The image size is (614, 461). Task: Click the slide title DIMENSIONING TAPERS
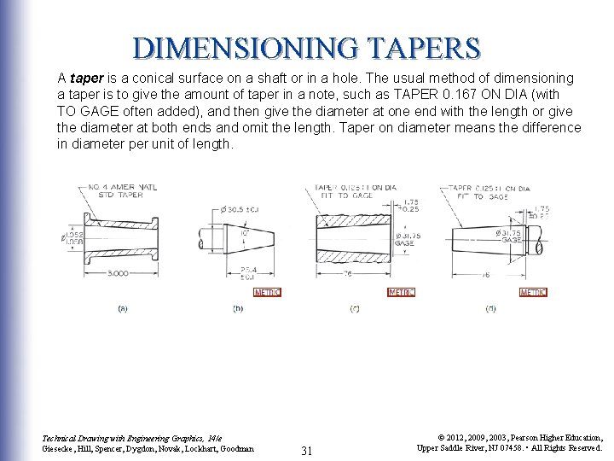(306, 47)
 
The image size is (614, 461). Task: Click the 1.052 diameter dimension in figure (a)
(73, 234)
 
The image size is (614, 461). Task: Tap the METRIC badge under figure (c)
(401, 292)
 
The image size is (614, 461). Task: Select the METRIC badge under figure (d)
(533, 292)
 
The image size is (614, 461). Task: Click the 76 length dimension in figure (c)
(350, 274)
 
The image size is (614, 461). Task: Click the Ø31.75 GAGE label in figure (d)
(510, 236)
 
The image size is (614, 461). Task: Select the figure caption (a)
(123, 308)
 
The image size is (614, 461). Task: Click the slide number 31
(309, 450)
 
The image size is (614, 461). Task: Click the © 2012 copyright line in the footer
(509, 436)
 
